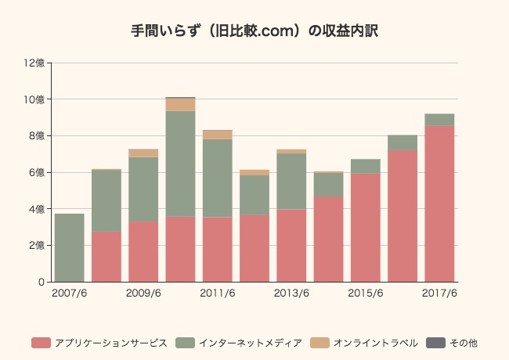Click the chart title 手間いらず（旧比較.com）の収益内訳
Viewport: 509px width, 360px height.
click(254, 31)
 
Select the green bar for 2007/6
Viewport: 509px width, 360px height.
click(70, 247)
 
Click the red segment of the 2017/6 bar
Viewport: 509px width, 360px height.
click(439, 203)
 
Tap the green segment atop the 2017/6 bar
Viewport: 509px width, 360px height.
click(439, 120)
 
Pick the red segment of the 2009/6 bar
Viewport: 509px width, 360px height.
click(143, 251)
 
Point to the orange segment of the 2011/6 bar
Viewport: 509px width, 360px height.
click(217, 135)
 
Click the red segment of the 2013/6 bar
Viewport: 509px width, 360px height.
click(291, 245)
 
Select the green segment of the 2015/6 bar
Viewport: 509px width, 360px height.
click(365, 166)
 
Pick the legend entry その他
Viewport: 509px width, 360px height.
click(457, 343)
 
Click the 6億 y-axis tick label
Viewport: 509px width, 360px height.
click(38, 172)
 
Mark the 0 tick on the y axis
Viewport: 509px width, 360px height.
click(42, 282)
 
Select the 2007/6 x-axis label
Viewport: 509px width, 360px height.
click(70, 293)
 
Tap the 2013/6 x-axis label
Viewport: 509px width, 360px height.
click(291, 293)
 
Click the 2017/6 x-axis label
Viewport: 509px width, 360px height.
click(439, 293)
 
